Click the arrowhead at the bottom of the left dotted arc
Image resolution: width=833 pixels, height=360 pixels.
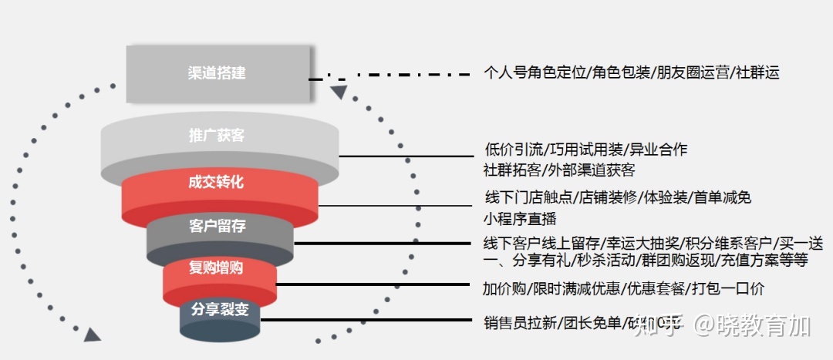(93, 334)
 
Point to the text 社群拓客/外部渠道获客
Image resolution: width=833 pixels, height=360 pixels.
(559, 170)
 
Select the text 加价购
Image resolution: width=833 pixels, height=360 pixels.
(505, 288)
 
